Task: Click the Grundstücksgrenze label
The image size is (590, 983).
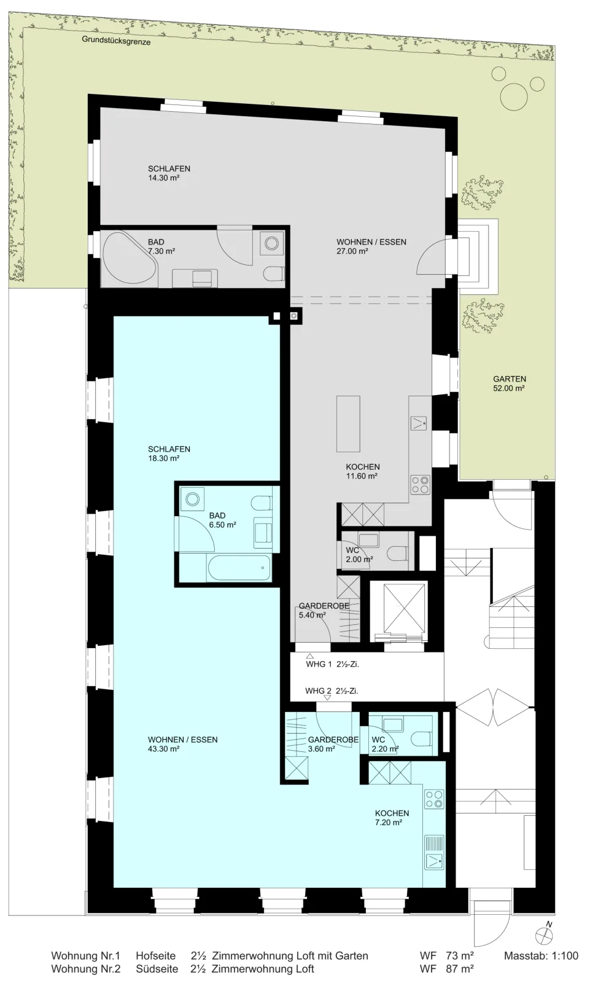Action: point(116,41)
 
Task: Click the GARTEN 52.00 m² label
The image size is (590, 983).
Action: point(510,383)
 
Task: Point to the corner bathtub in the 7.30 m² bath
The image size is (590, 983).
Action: point(130,259)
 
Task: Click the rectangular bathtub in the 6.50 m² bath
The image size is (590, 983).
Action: point(239,568)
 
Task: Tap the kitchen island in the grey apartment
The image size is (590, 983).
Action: point(348,423)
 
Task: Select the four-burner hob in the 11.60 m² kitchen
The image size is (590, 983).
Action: point(420,485)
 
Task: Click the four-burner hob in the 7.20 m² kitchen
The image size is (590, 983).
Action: point(434,799)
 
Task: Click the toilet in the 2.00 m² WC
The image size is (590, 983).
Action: point(398,552)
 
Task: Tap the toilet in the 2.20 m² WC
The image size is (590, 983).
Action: point(423,738)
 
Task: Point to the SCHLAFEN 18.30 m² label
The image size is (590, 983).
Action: point(169,453)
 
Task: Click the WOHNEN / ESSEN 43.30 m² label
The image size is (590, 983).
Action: point(182,744)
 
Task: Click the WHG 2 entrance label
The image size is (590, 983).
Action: point(332,691)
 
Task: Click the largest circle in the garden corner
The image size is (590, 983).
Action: point(514,97)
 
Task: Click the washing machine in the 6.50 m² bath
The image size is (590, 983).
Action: point(192,498)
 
